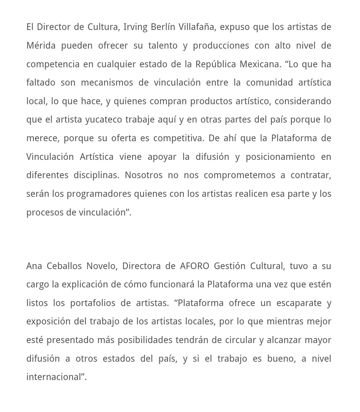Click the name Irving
[x=135, y=27]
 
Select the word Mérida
[x=41, y=46]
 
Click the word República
[x=216, y=64]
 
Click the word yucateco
[x=104, y=120]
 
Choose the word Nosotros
[x=144, y=175]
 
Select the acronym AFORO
[x=194, y=266]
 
